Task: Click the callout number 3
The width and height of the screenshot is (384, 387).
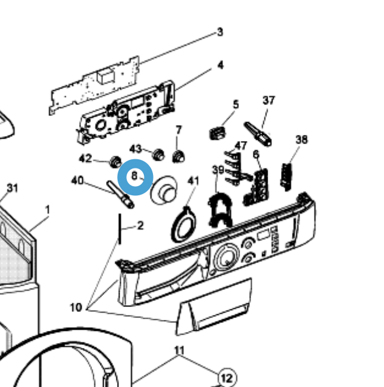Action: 220,32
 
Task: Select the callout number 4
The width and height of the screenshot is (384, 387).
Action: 220,65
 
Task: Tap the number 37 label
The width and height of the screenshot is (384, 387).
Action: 269,100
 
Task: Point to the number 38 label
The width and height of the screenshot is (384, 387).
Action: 301,139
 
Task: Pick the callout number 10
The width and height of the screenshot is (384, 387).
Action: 76,307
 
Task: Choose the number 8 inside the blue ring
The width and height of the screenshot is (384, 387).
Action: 134,175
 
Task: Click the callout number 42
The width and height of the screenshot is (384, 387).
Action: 85,159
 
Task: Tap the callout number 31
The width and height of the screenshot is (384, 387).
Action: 13,187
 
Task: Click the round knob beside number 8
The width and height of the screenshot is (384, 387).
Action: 163,190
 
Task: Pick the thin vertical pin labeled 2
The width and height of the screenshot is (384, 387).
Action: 120,228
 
